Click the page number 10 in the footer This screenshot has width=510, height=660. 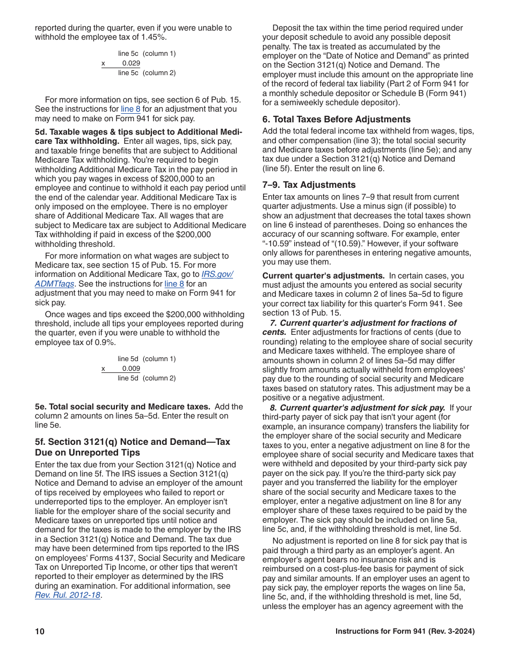[39, 632]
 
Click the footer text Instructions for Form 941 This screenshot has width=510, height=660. [405, 632]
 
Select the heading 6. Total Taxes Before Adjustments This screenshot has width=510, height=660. [337, 119]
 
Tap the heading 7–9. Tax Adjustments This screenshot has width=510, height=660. [309, 185]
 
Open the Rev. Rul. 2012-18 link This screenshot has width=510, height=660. [68, 595]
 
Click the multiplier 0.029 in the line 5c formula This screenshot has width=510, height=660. [131, 63]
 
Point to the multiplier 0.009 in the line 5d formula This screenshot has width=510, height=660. [131, 369]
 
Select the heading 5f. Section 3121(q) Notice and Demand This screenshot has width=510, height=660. [132, 442]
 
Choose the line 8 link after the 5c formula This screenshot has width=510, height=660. [130, 109]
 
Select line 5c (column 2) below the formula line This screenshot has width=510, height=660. [147, 73]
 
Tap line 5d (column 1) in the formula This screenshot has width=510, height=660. [147, 358]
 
